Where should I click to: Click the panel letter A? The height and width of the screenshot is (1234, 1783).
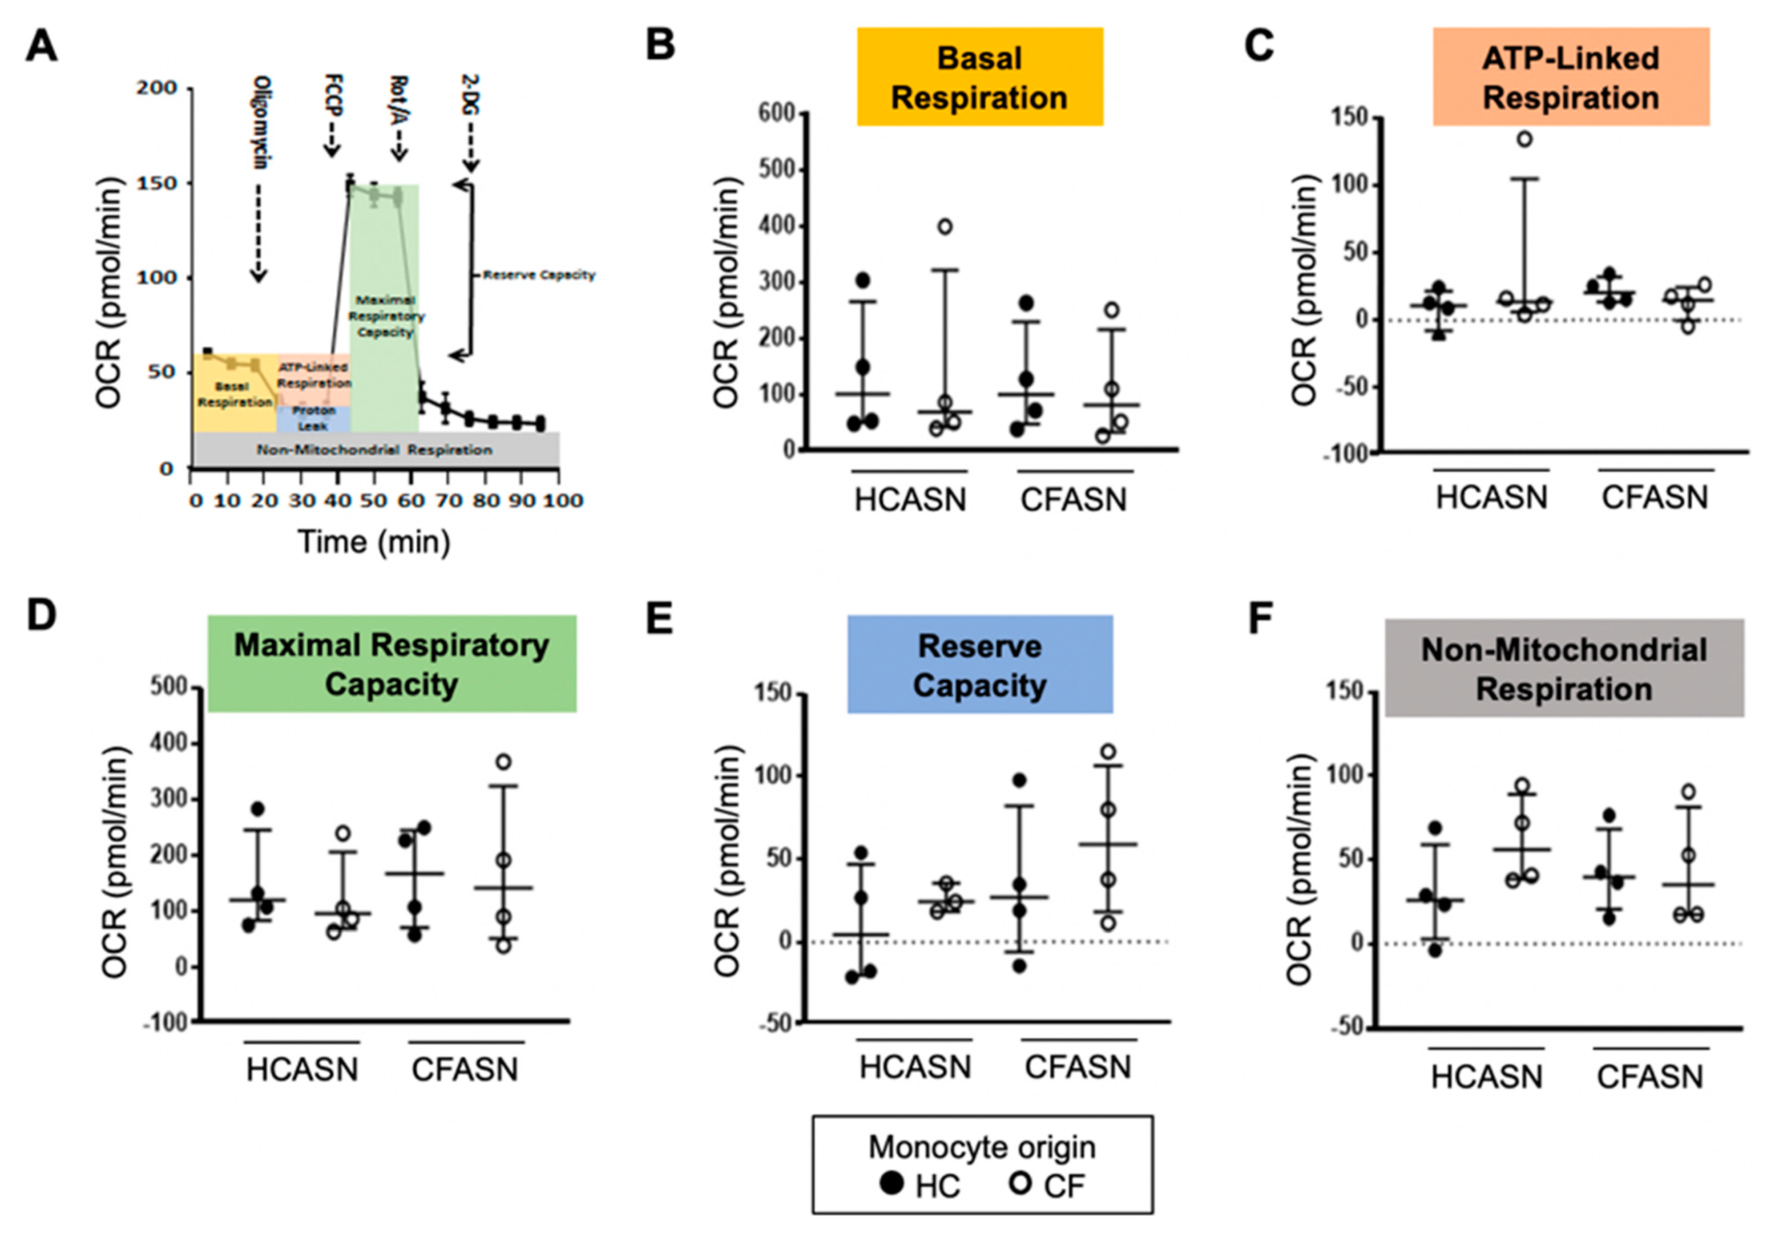42,46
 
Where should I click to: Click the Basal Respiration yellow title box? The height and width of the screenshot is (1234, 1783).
979,77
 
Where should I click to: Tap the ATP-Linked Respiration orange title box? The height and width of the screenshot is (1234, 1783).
1570,77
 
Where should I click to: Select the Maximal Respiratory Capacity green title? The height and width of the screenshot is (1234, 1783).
392,664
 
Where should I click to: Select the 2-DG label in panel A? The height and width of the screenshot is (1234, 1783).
470,94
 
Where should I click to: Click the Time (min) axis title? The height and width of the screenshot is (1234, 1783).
374,542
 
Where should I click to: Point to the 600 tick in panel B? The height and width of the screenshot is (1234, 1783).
777,113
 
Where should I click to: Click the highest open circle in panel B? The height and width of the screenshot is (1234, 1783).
944,227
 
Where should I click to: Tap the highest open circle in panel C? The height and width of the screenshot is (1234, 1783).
1524,139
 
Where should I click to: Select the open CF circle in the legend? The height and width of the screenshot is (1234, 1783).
1020,1183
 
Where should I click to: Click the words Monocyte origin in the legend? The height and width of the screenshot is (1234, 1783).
981,1147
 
